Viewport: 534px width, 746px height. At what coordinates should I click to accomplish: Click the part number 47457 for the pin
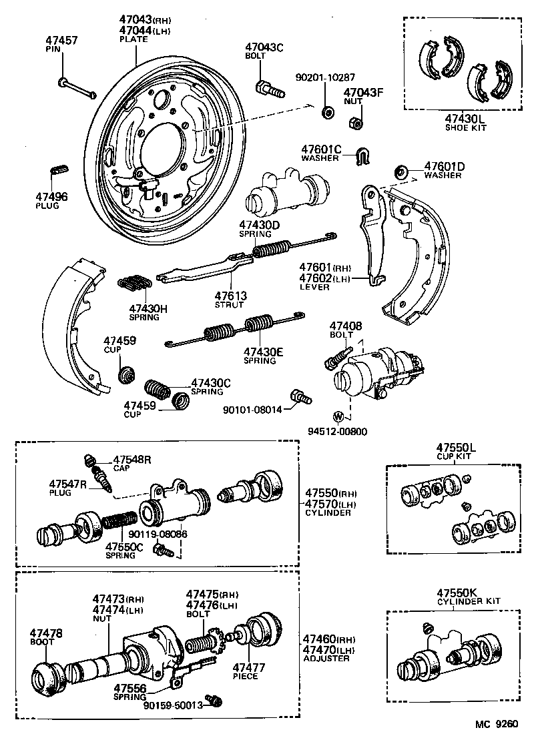[61, 41]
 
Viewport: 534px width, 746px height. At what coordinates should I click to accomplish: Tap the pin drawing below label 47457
[76, 87]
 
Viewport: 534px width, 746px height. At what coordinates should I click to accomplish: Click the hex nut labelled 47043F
[356, 123]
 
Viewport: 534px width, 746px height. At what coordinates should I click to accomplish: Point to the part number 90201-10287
[325, 77]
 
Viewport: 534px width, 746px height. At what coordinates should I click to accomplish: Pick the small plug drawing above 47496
[58, 168]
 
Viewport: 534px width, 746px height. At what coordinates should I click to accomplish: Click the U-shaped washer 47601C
[362, 155]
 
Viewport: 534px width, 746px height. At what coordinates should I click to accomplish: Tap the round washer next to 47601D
[403, 171]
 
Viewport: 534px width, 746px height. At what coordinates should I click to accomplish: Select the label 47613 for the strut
[231, 295]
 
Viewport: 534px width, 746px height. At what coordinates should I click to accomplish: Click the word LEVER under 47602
[315, 287]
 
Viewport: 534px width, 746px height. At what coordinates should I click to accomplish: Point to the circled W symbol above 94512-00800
[338, 417]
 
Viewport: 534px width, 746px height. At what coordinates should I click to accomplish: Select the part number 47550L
[457, 446]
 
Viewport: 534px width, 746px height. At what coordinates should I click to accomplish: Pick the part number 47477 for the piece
[248, 667]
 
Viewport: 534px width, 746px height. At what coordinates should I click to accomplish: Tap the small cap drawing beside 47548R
[89, 460]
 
